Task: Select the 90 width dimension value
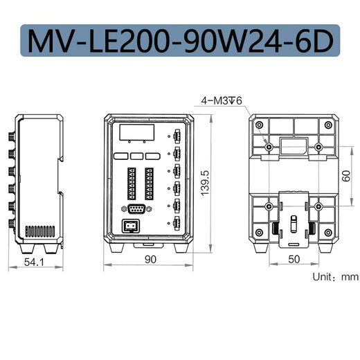pos(151,260)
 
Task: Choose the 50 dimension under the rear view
pos(294,260)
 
